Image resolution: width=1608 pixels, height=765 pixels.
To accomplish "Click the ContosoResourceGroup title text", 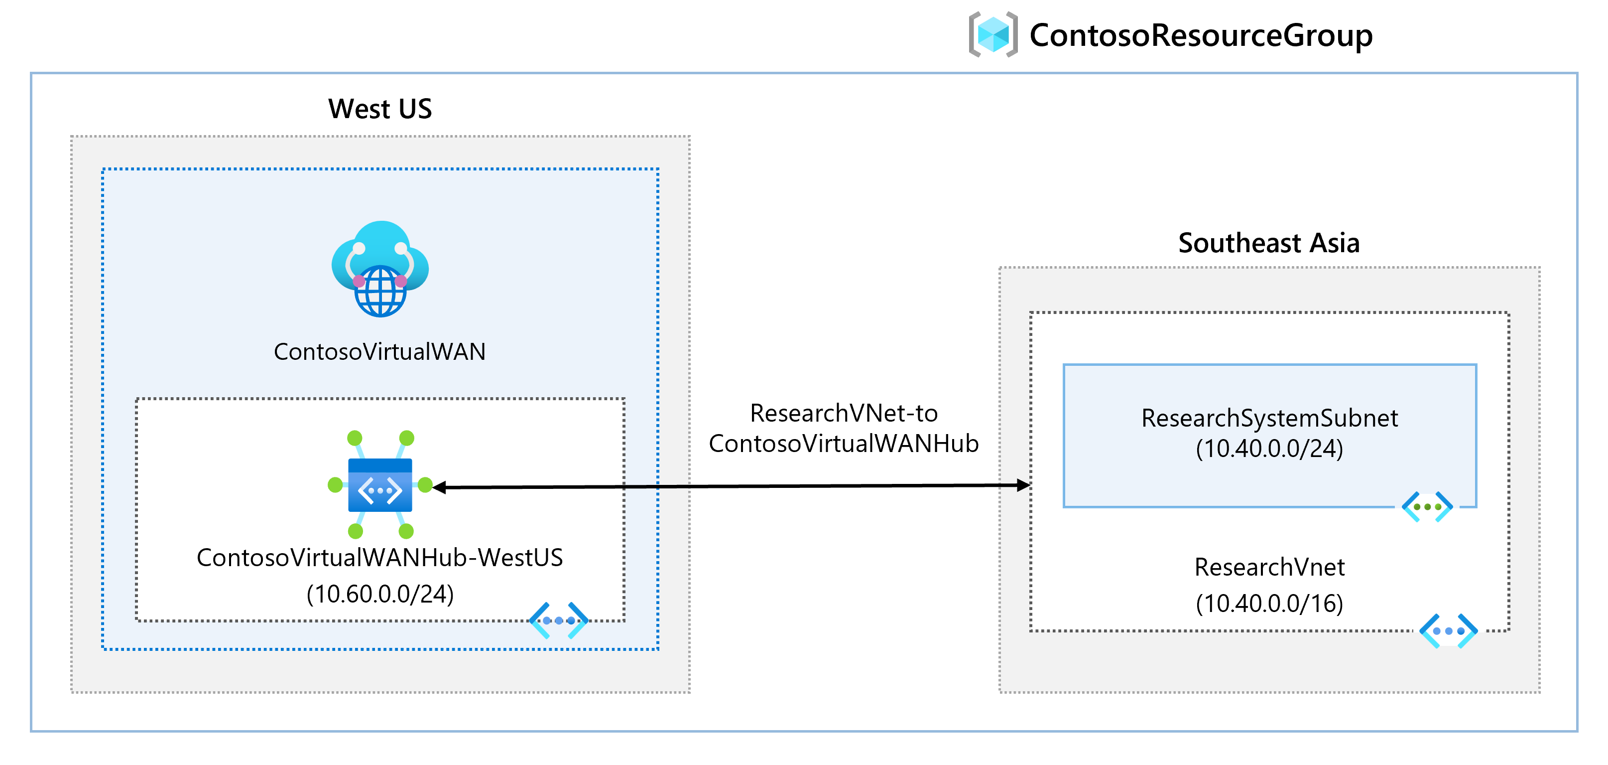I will (x=1200, y=35).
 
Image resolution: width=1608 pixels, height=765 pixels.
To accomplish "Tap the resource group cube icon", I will (x=993, y=35).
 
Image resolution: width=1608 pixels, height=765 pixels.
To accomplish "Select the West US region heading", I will (x=379, y=109).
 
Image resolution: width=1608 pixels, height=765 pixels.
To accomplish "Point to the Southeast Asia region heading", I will (x=1268, y=243).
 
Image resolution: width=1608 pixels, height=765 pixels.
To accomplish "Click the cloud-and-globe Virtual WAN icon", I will (x=380, y=269).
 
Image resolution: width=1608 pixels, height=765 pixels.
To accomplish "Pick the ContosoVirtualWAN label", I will (x=379, y=351).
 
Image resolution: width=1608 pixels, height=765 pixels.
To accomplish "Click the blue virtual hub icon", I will (x=380, y=485).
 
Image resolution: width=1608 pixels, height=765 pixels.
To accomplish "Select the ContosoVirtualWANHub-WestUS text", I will (x=379, y=558).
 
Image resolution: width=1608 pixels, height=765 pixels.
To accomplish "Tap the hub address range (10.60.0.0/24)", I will (x=379, y=594).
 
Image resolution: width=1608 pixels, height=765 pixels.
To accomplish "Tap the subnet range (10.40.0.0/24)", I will (x=1269, y=449).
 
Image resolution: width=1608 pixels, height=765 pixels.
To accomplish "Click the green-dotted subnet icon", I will (x=1427, y=506).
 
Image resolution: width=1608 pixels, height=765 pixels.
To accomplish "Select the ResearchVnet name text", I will (x=1269, y=567).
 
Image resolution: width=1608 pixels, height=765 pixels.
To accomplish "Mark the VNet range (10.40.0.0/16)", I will (x=1269, y=603).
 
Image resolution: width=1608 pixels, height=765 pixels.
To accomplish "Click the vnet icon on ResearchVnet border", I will (x=1448, y=631).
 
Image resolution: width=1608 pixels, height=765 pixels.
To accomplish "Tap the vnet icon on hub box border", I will (x=558, y=620).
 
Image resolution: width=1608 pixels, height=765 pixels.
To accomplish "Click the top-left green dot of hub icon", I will (x=355, y=437).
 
